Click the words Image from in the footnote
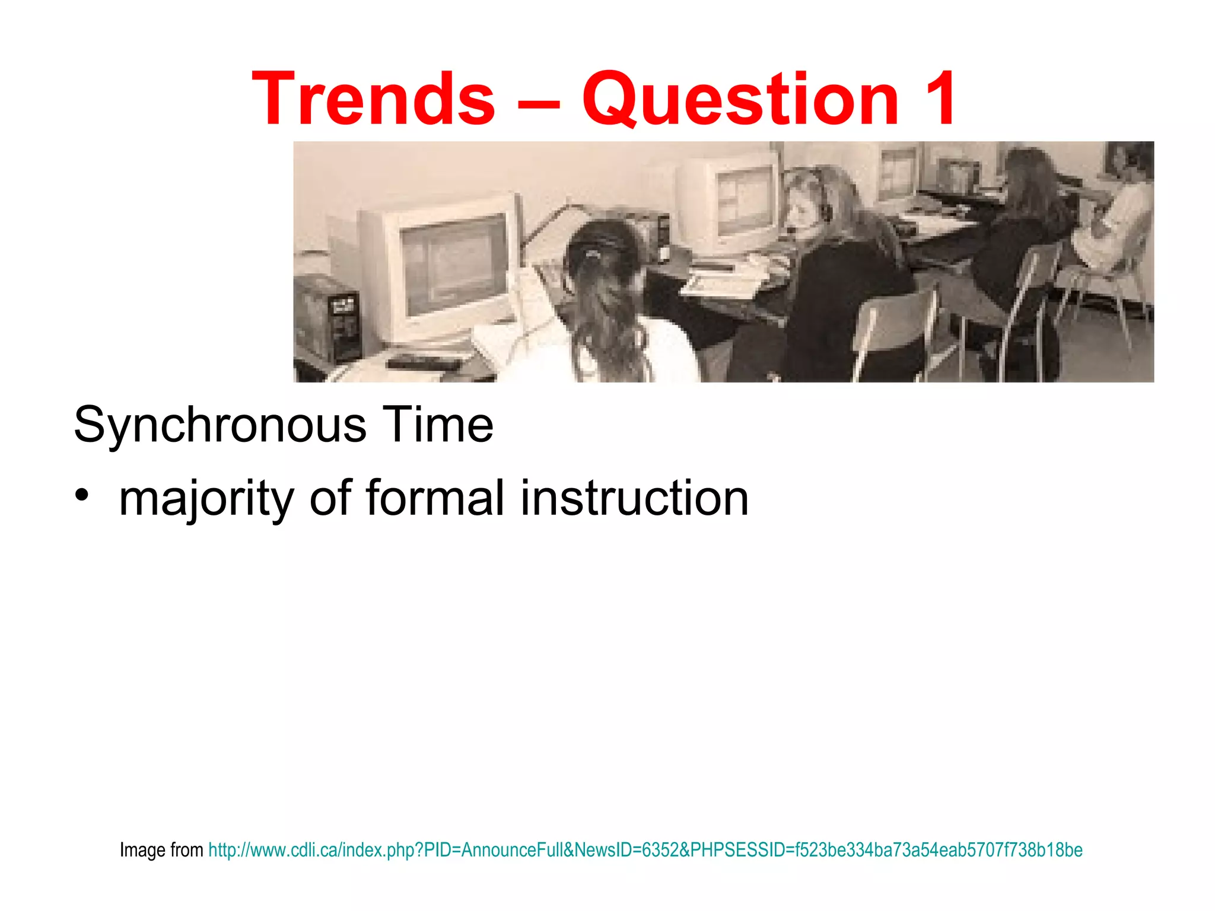(161, 850)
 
